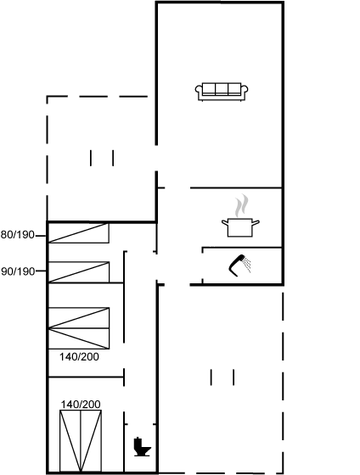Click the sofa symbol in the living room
click(x=222, y=92)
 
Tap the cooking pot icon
click(x=240, y=227)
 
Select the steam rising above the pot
click(x=241, y=205)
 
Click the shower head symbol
click(x=237, y=265)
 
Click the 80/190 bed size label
click(x=18, y=235)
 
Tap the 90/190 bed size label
click(x=18, y=271)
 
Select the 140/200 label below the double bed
click(x=79, y=357)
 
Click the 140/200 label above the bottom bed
click(x=81, y=405)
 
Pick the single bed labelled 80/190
click(x=79, y=233)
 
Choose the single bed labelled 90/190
click(x=79, y=272)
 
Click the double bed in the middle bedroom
click(x=79, y=328)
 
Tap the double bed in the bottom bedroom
click(x=81, y=440)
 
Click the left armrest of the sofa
click(x=199, y=90)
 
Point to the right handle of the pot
click(x=256, y=223)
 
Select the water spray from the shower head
click(x=248, y=265)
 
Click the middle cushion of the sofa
click(x=222, y=89)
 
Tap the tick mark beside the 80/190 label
click(x=41, y=236)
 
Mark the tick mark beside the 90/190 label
click(x=42, y=271)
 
